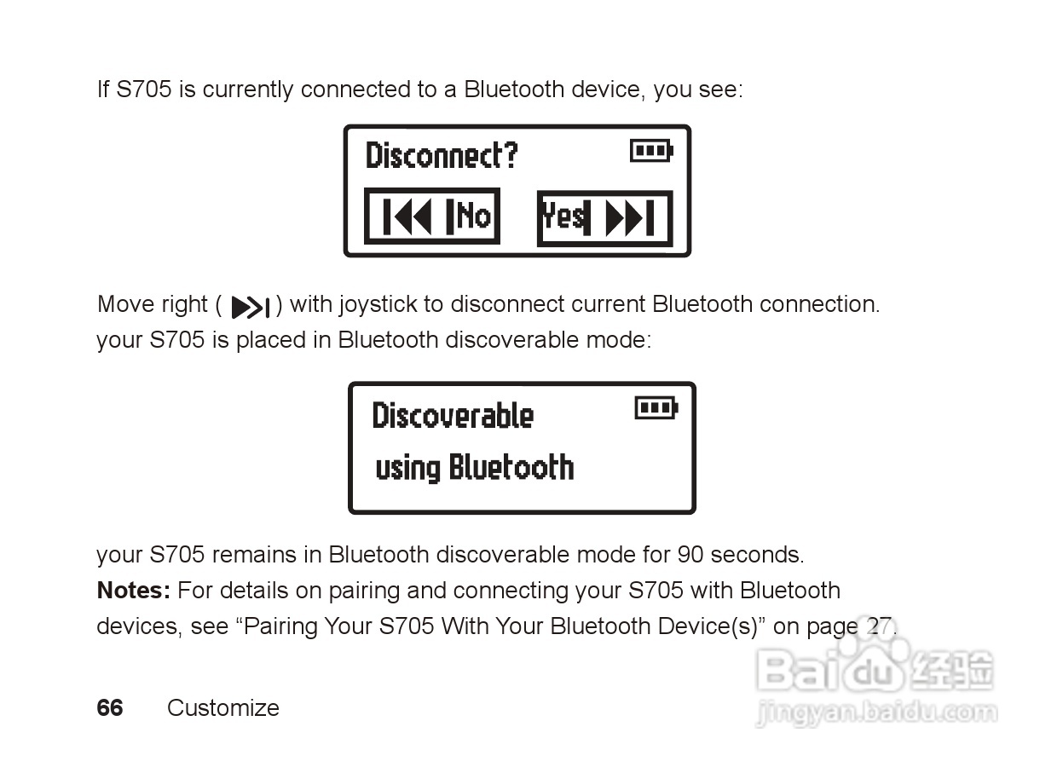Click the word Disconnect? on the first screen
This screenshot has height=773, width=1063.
click(x=442, y=156)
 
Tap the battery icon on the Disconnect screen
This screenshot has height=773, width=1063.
click(x=651, y=152)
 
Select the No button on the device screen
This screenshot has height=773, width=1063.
click(x=432, y=216)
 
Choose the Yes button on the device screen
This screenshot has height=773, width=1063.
click(x=604, y=218)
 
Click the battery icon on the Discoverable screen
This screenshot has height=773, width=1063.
click(x=656, y=408)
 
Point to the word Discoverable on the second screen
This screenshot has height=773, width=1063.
click(x=453, y=416)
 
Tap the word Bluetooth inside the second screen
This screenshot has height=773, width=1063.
click(x=511, y=467)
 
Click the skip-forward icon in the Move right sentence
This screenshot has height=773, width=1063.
click(x=251, y=307)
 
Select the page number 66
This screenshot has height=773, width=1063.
click(x=110, y=708)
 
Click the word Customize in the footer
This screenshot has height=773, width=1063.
click(x=223, y=708)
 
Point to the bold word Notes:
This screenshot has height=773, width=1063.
click(x=134, y=591)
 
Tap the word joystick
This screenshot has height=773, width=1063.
click(x=377, y=304)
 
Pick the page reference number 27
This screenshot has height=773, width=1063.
click(x=879, y=626)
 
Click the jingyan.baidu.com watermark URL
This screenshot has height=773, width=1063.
click(x=876, y=712)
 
